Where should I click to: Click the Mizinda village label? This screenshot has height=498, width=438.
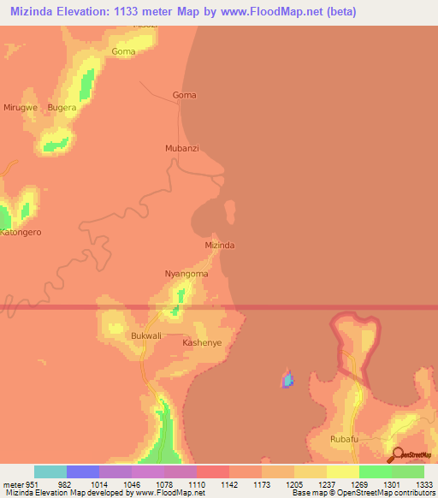point(220,245)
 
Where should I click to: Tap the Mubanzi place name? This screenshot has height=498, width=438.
point(181,148)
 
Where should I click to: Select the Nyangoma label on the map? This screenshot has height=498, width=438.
point(186,274)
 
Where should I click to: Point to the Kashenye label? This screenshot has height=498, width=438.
point(202,342)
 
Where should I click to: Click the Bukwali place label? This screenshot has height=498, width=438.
point(146,336)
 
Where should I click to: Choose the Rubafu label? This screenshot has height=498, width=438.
point(343,438)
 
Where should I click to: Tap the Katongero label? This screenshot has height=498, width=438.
point(21,232)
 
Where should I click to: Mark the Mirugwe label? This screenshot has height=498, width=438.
point(21,108)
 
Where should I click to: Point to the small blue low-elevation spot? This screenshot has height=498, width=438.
point(287,377)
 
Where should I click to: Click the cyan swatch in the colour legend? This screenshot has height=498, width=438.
point(50,471)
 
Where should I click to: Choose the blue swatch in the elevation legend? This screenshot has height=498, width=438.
point(83,471)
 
